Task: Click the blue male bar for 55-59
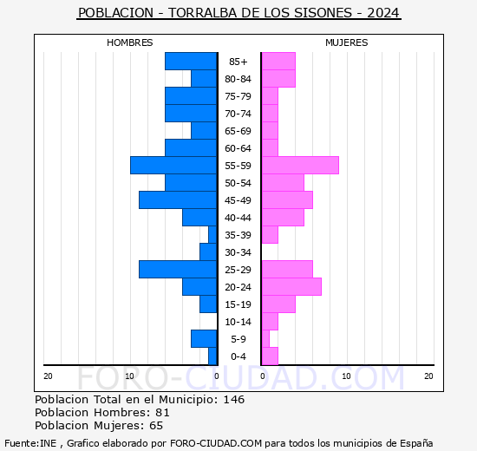click(173, 166)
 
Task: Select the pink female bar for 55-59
click(299, 166)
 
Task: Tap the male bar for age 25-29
click(178, 270)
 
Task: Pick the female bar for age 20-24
click(291, 287)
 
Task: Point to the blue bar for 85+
click(191, 62)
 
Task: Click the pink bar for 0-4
click(269, 356)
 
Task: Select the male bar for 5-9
click(204, 339)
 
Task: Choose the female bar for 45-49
click(286, 200)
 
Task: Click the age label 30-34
click(238, 252)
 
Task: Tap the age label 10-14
click(238, 322)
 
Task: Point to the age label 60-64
click(238, 148)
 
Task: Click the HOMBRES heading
click(130, 42)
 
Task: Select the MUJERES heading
click(346, 42)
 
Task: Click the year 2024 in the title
click(383, 14)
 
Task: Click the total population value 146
click(233, 400)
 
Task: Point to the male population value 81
click(162, 413)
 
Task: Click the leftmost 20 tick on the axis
click(48, 376)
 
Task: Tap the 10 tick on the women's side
click(345, 376)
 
